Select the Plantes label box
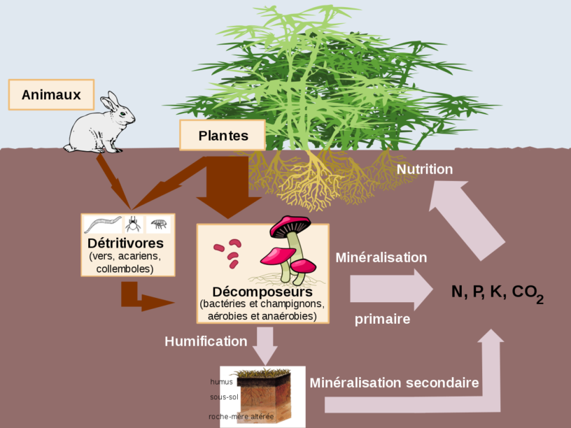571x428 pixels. click(223, 136)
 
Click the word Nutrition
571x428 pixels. click(425, 169)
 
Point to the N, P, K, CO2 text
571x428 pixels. click(497, 292)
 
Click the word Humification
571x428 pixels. click(206, 341)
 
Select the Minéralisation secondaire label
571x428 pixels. click(394, 383)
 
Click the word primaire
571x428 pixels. click(382, 319)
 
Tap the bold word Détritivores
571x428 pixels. click(126, 243)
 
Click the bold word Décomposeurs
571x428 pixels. click(262, 291)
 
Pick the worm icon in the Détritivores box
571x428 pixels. click(103, 224)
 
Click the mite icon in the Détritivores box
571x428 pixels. click(133, 224)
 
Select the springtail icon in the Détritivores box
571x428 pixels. click(159, 224)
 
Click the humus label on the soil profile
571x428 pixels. click(221, 382)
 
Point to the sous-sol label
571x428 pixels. click(225, 397)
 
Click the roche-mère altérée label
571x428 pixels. click(241, 417)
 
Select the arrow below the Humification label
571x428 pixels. click(264, 346)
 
